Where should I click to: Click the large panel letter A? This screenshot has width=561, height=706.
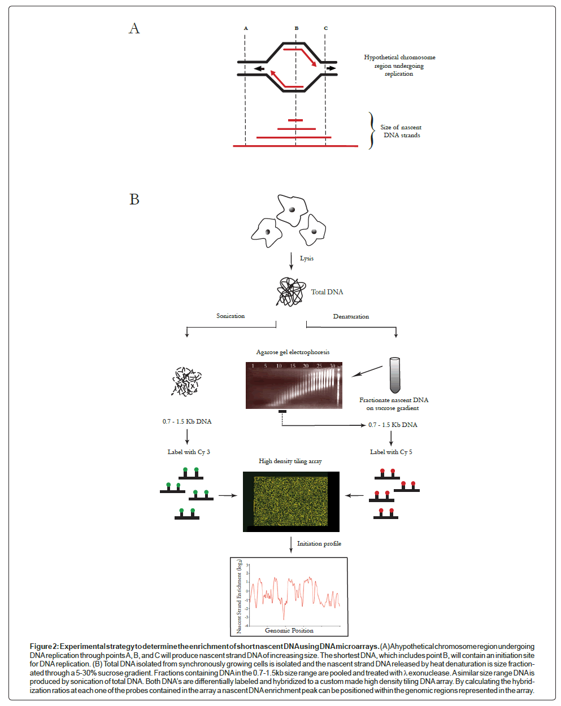coord(134,29)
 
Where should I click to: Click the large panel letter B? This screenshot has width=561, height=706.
coord(134,199)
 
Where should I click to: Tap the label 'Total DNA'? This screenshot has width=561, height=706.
coord(327,292)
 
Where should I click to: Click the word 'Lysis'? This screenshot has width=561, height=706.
coord(307,258)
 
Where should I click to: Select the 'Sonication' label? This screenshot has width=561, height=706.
coord(231,316)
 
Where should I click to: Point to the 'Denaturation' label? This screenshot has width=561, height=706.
coord(351,316)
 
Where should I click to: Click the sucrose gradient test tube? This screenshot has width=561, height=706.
coord(394,375)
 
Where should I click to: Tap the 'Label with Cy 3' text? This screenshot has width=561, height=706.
coord(189,452)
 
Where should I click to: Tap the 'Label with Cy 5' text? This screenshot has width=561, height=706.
coord(391,452)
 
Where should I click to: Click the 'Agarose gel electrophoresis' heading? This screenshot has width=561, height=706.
coord(293,352)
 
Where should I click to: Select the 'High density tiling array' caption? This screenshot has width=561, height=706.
coord(290,461)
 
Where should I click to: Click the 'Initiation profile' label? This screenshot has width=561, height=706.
coord(319,543)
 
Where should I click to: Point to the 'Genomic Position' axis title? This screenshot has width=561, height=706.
coord(289,630)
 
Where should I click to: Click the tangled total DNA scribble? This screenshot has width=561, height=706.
coord(291,291)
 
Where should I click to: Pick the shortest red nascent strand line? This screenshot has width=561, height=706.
coord(295,120)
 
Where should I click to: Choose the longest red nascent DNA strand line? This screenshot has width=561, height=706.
coord(295,146)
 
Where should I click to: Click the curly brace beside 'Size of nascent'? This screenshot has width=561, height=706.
coord(371,131)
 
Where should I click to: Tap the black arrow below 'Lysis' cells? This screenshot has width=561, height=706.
coord(292,260)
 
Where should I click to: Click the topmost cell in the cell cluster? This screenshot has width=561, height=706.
coord(292,210)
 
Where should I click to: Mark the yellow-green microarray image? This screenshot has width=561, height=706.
coord(291,502)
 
